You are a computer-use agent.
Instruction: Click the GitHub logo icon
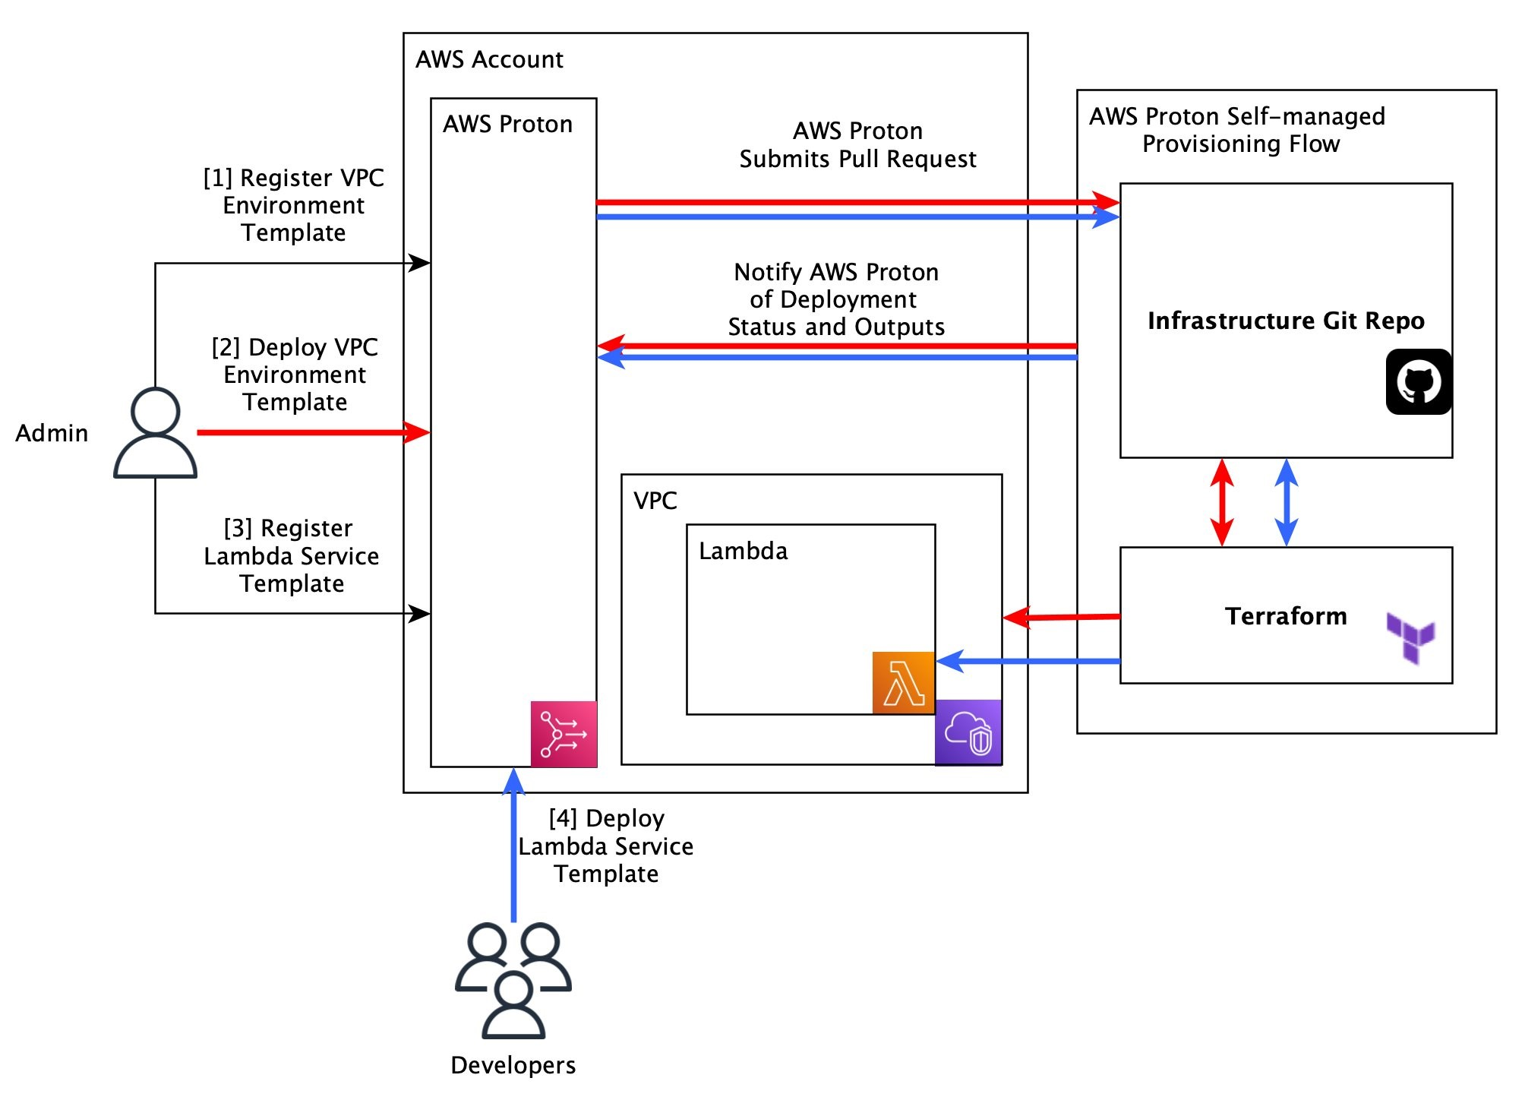tap(1418, 382)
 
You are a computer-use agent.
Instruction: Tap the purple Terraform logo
tap(1410, 637)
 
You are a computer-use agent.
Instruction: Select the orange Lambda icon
tap(903, 682)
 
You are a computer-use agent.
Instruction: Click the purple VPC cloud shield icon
tap(968, 732)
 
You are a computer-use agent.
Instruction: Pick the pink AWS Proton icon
tap(564, 734)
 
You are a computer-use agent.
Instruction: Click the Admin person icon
tap(155, 432)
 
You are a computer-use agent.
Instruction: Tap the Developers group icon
tap(513, 979)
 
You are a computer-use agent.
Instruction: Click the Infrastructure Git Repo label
tap(1286, 321)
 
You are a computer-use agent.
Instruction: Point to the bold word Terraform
tap(1286, 615)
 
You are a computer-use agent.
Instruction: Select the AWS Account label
tap(489, 59)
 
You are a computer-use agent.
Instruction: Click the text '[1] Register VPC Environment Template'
tap(294, 205)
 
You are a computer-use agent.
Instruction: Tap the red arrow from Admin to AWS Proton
tap(311, 432)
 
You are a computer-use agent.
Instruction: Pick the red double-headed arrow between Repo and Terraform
tap(1221, 502)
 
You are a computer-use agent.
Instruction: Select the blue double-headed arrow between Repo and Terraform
tap(1286, 502)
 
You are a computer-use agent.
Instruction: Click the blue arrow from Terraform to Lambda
tap(1029, 661)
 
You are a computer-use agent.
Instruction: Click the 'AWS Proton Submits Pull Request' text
tap(857, 145)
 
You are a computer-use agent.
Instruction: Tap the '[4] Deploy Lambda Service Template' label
tap(606, 846)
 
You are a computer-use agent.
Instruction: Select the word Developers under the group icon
tap(513, 1065)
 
